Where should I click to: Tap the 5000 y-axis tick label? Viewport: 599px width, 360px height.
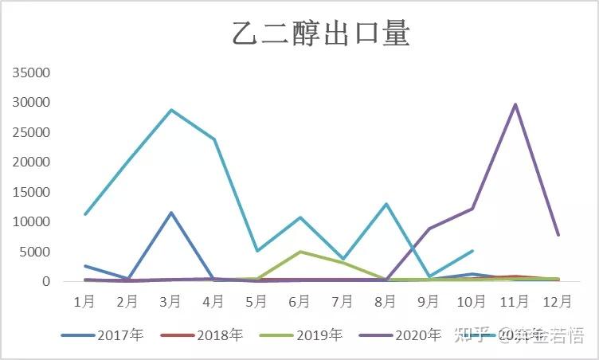click(35, 252)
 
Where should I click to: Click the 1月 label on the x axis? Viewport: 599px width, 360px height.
click(84, 302)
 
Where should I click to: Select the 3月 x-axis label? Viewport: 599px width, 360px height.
click(170, 302)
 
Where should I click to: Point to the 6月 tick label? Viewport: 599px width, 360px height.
click(299, 302)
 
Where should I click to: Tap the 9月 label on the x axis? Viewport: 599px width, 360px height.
click(429, 302)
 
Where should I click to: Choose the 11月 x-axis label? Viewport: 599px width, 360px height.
click(515, 302)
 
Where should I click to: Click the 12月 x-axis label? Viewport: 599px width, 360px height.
click(558, 302)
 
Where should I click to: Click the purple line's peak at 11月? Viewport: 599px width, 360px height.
click(515, 104)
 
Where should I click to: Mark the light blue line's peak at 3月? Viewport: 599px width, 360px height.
click(170, 110)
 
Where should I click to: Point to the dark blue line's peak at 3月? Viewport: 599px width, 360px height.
click(170, 213)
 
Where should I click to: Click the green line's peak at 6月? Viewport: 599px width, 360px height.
click(299, 252)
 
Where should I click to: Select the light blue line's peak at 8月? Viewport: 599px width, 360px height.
click(386, 204)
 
